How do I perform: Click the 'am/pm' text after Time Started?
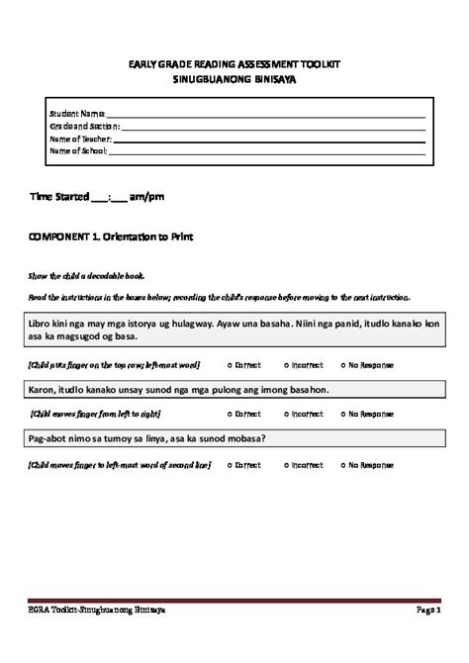tap(147, 198)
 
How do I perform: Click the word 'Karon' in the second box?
tap(40, 390)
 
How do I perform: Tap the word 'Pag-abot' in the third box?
tap(46, 439)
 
